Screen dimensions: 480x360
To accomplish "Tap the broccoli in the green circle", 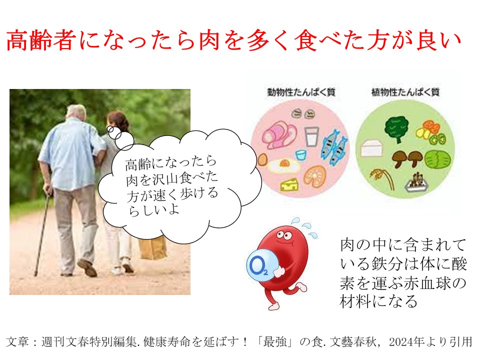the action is [396, 130].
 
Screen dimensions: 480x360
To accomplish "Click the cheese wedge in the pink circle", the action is [289, 184].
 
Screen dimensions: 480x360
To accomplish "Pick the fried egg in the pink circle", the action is [284, 166].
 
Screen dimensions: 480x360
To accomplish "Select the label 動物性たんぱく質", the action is [301, 92].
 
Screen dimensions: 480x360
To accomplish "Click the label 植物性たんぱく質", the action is [405, 92].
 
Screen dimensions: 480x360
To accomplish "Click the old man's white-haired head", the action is [76, 113].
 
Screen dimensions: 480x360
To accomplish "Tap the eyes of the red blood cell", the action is [284, 235].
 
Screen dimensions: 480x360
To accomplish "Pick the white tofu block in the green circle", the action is [372, 148].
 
